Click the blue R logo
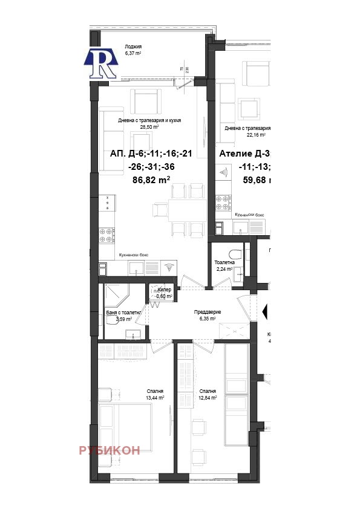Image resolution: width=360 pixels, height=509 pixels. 100,62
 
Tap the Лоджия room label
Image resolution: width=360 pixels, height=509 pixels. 133,47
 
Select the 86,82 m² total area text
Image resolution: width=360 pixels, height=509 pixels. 151,180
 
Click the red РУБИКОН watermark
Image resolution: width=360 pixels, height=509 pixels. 110,450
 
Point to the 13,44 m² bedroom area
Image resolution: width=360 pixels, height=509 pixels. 155,398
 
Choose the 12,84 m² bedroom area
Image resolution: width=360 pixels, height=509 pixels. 208,398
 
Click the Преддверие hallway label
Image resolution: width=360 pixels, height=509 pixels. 208,311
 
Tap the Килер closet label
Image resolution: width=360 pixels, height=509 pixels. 164,290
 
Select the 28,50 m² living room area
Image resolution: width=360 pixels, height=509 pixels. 149,127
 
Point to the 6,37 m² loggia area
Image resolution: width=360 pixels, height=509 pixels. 133,53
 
